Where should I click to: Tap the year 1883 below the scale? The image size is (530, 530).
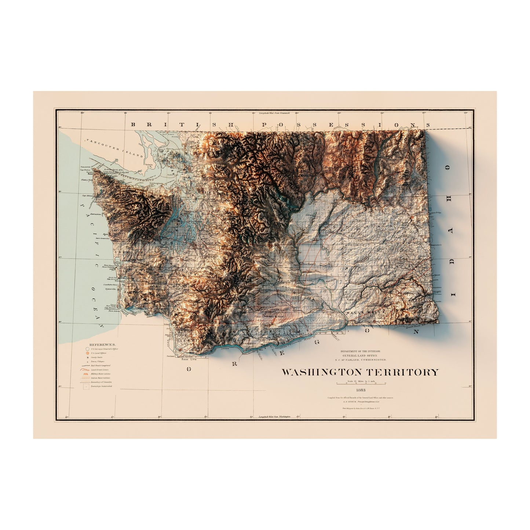359,390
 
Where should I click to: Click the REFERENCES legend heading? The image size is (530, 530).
103,345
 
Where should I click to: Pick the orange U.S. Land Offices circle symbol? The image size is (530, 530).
87,353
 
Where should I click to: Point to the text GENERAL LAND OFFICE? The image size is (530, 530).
359,356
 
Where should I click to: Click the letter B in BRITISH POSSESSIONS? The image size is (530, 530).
134,125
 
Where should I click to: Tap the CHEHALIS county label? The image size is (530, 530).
123,252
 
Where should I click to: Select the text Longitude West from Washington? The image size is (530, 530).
274,417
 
